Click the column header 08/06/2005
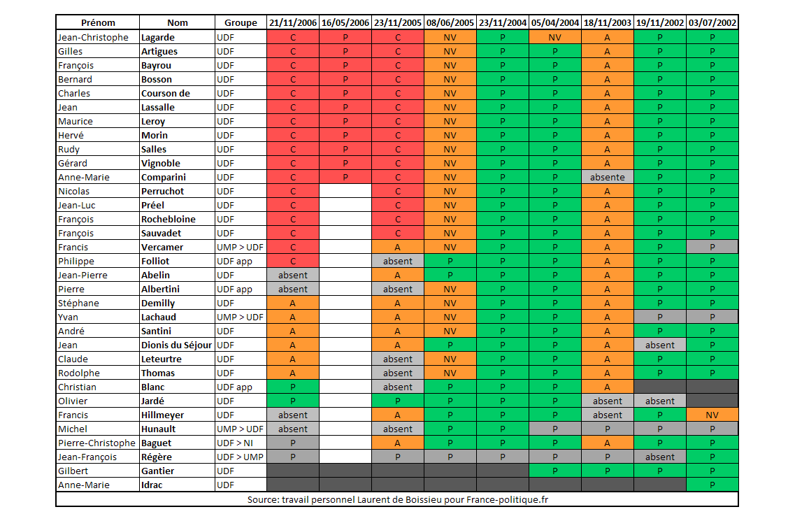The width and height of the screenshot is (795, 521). point(450,22)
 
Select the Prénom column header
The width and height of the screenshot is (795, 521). point(98,22)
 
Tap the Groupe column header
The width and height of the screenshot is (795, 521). point(241,22)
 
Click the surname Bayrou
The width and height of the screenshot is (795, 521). point(157,65)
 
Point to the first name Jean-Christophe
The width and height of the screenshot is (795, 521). point(93,37)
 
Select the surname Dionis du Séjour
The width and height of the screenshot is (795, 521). point(177,345)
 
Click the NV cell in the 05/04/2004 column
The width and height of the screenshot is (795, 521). point(555,37)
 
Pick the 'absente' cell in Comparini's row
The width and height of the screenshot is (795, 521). point(607,177)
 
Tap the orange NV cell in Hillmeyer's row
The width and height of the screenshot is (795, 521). point(712,415)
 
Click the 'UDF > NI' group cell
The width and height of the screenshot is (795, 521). point(235,443)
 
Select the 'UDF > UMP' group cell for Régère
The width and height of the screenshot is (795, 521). point(239,457)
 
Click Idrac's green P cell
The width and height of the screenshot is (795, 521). point(712,485)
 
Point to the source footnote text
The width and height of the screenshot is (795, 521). point(397,499)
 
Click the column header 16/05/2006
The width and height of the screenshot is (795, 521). point(345,22)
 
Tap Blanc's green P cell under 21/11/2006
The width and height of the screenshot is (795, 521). point(293,387)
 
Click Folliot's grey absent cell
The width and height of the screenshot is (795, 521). point(398,261)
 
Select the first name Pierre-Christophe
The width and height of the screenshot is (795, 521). point(97,443)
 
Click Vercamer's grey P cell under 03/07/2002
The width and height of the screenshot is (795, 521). point(712,247)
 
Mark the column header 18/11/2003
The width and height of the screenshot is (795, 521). point(607,22)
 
